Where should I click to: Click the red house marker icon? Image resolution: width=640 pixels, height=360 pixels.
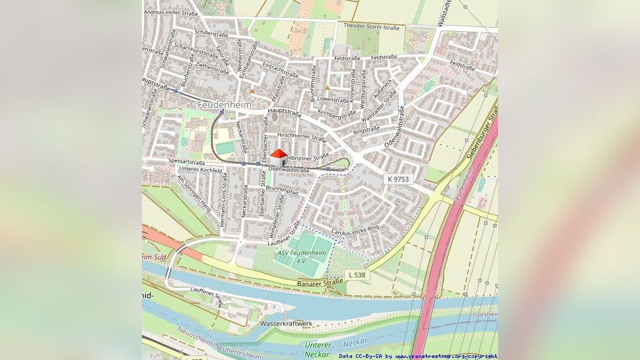(x=279, y=157)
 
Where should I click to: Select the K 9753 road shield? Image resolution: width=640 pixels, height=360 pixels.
(x=398, y=179)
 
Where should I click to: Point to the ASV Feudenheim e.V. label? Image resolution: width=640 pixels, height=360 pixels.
(x=302, y=256)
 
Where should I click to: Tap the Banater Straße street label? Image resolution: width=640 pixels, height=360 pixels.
(x=321, y=283)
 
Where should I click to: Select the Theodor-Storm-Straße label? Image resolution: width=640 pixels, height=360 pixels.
(x=371, y=27)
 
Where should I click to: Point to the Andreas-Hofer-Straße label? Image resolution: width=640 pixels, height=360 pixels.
(x=171, y=13)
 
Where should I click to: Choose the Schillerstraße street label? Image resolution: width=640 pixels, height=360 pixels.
(x=211, y=33)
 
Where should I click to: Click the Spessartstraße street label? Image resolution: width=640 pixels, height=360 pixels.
(x=186, y=161)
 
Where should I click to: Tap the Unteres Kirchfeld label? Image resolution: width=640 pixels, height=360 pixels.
(x=201, y=170)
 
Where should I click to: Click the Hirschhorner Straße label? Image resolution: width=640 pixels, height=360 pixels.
(x=301, y=137)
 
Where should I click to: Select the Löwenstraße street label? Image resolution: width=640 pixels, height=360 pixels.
(x=333, y=100)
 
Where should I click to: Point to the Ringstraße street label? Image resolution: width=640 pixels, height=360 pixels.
(x=367, y=130)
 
